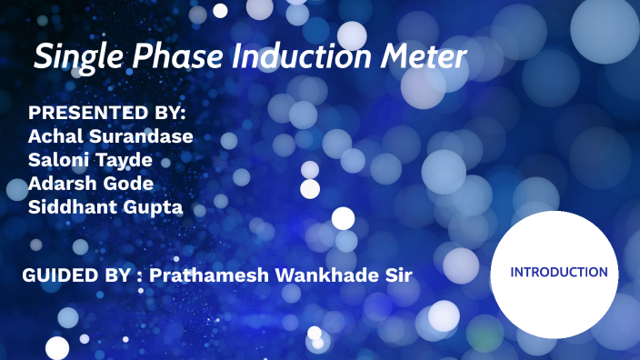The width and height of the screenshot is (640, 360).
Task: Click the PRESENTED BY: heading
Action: click(x=107, y=114)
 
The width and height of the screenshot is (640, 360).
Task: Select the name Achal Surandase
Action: click(x=111, y=136)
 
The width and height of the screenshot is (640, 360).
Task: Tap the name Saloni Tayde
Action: click(x=90, y=160)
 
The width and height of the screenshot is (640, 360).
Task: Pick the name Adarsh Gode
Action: click(x=90, y=184)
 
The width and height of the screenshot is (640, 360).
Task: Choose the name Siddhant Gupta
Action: click(x=105, y=207)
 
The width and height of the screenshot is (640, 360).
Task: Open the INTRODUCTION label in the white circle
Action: click(x=559, y=272)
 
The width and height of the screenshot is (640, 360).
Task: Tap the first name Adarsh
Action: click(x=60, y=184)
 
